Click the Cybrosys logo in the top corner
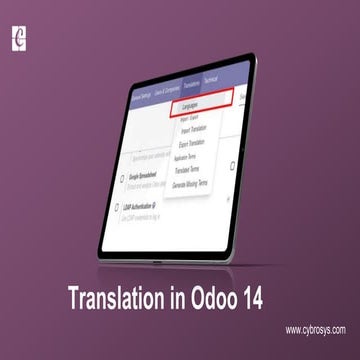[x=17, y=39]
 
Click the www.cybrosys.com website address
[x=313, y=329]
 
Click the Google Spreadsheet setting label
[x=150, y=175]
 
